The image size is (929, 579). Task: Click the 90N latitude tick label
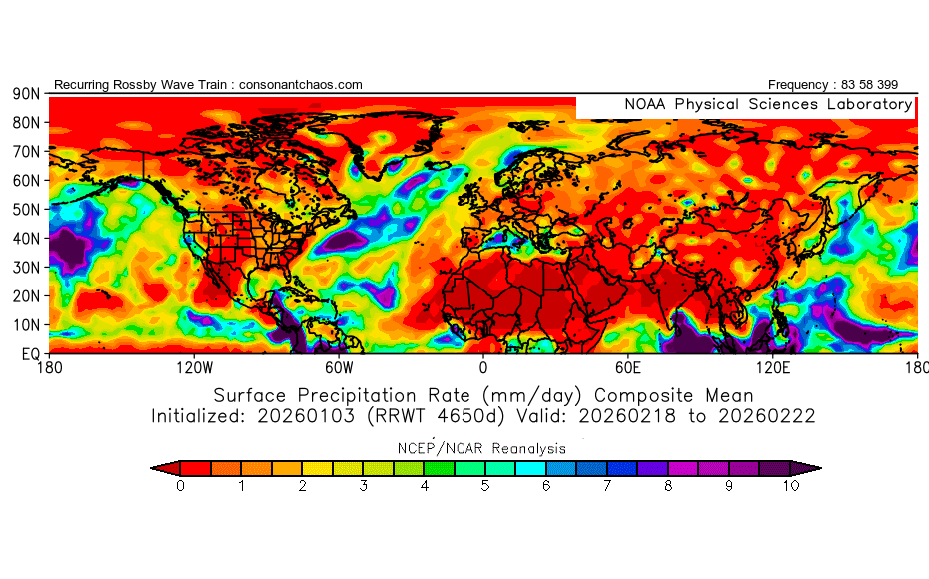click(25, 94)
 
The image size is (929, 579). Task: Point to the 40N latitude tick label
click(25, 239)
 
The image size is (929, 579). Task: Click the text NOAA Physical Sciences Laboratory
click(767, 105)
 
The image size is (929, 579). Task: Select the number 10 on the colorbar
click(790, 486)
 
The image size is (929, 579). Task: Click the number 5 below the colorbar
click(485, 486)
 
